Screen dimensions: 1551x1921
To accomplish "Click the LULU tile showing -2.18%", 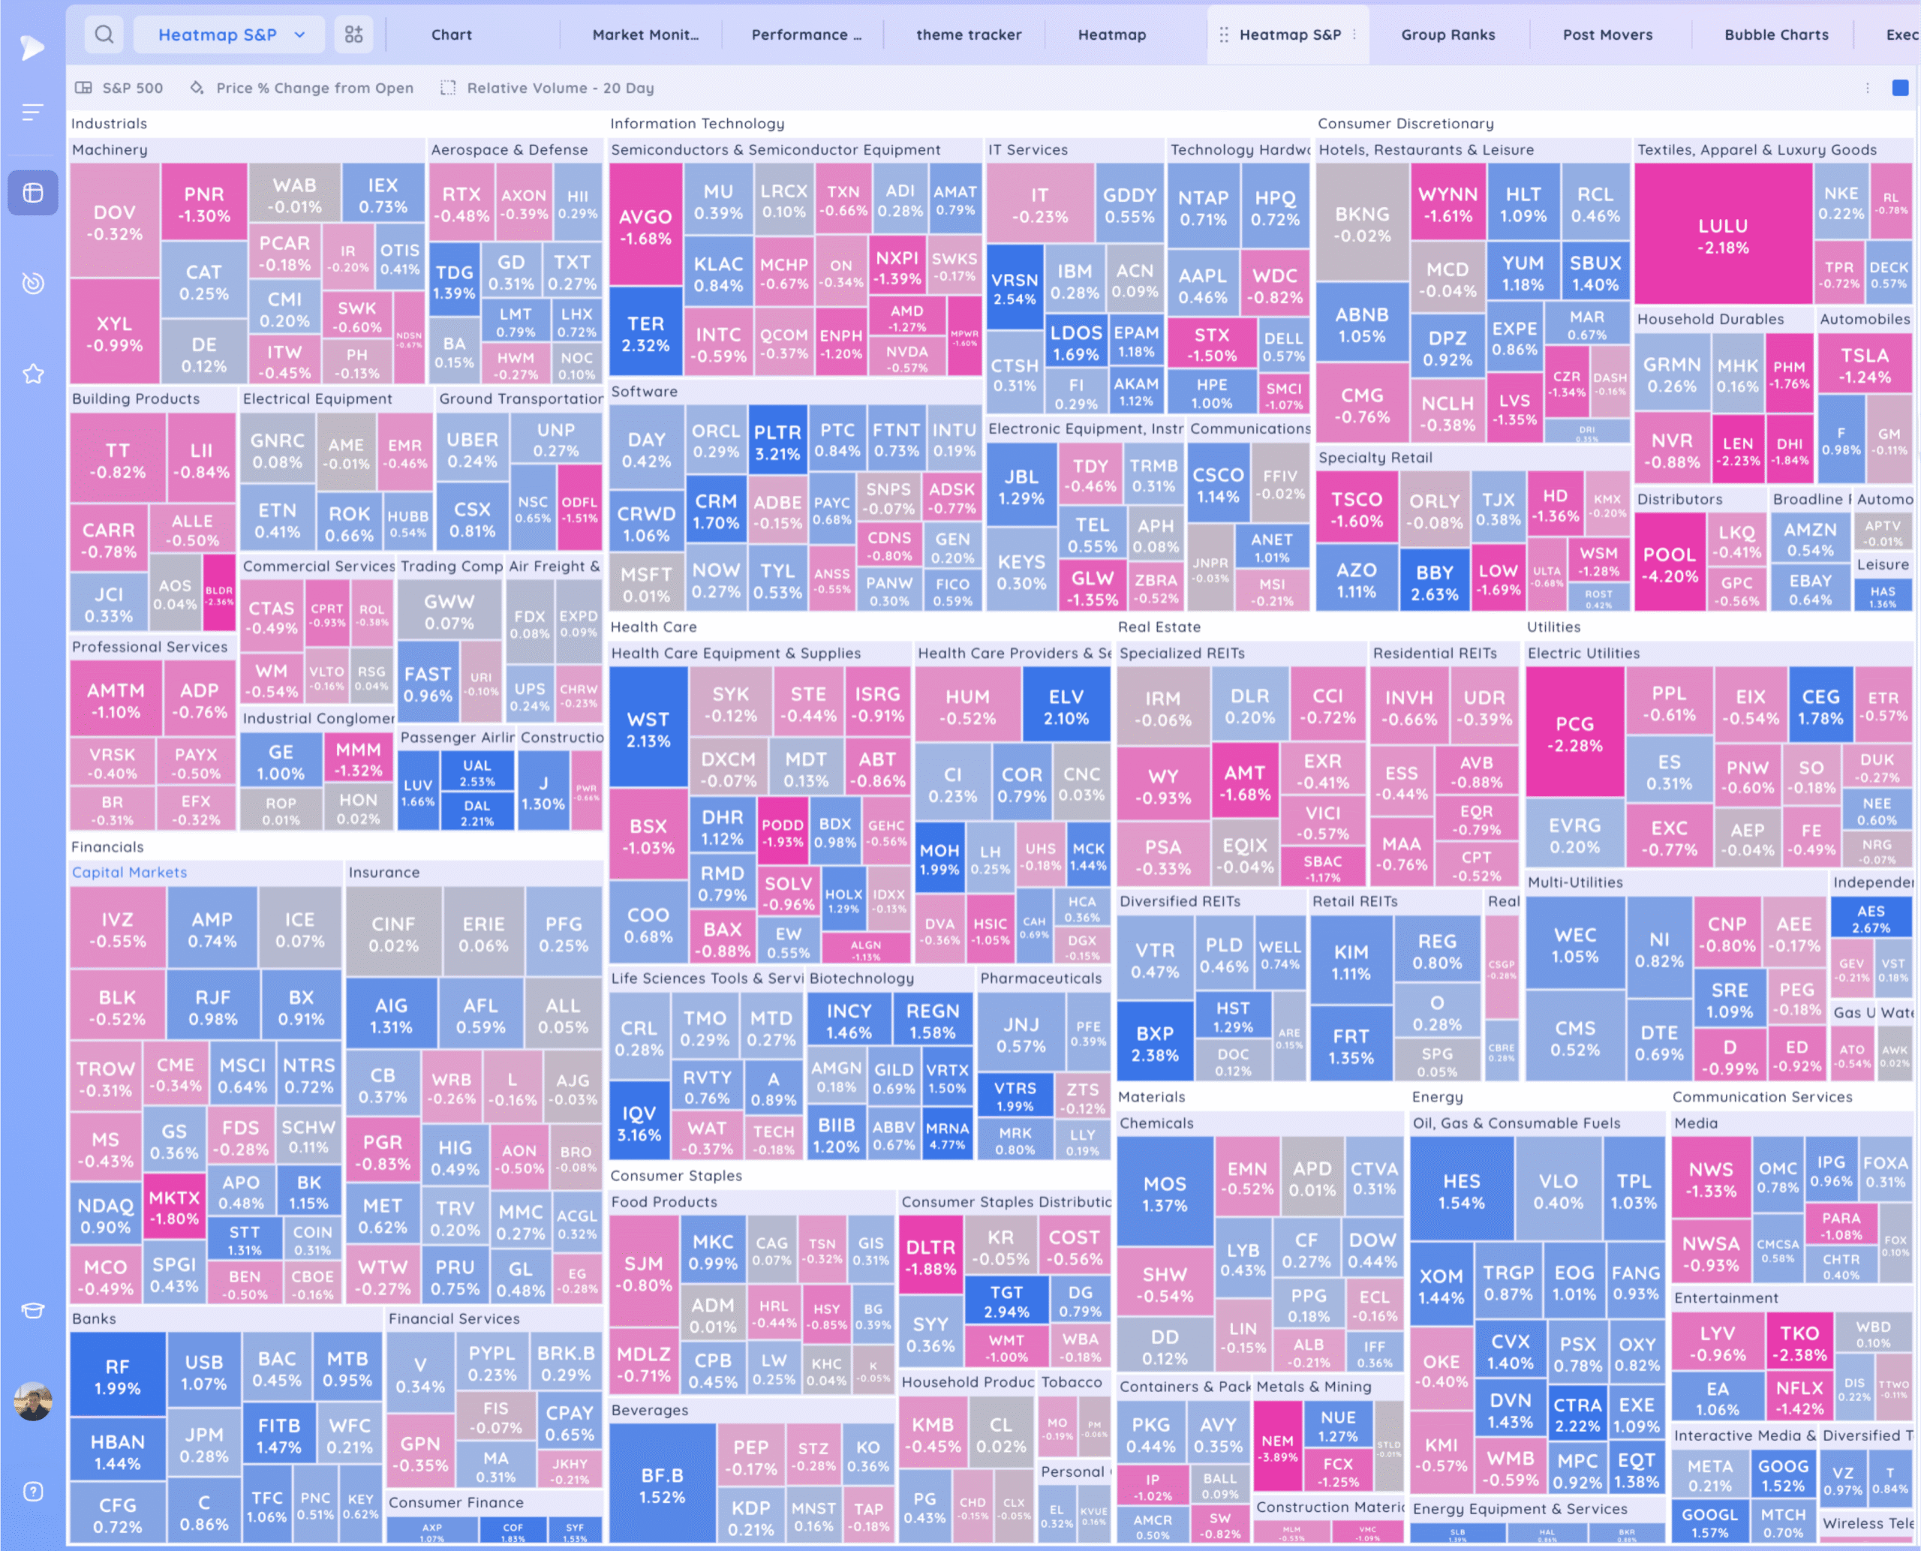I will [1723, 236].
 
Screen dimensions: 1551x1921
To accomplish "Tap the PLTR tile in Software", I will [777, 442].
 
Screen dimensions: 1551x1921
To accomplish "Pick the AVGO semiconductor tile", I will [645, 227].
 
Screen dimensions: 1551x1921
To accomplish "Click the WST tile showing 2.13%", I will [648, 729].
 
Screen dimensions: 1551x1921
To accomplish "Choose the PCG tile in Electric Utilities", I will [1574, 734].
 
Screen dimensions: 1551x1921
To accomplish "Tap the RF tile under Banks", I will [117, 1377].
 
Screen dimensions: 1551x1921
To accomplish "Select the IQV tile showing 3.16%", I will [639, 1124].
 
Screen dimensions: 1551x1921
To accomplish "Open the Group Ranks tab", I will [1448, 35].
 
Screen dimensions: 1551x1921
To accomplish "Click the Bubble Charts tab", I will [1775, 35].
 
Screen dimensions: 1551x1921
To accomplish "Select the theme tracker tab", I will [969, 35].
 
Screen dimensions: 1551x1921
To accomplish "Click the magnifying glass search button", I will [104, 35].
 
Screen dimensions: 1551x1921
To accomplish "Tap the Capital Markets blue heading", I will [130, 872].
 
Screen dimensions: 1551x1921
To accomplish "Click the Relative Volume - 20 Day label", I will [561, 88].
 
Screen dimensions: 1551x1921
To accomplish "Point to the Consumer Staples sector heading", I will [676, 1176].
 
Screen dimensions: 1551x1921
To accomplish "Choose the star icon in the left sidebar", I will [33, 374].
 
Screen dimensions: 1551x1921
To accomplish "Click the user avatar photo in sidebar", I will [33, 1401].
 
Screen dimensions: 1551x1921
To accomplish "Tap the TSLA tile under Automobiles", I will [1865, 365].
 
